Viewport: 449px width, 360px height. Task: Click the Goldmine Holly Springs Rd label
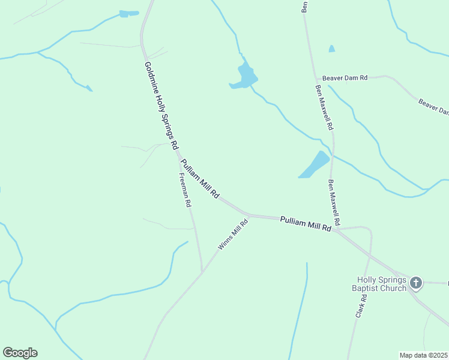(x=160, y=106)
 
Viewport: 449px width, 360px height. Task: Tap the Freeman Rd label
(x=185, y=190)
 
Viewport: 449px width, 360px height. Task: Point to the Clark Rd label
(x=360, y=306)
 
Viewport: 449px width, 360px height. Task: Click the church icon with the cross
(x=416, y=283)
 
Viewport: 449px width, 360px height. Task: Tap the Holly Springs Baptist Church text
(x=382, y=284)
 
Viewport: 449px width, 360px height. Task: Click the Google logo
(x=20, y=353)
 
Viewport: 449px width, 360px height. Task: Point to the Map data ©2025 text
(x=424, y=355)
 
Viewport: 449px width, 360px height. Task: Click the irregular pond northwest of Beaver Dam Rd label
(x=246, y=76)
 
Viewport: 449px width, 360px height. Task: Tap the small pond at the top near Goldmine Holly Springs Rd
(x=128, y=13)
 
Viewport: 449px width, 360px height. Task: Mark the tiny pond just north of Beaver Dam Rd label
(x=332, y=49)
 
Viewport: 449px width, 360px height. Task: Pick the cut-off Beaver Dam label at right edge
(x=434, y=107)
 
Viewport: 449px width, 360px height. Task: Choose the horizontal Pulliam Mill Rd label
(x=306, y=224)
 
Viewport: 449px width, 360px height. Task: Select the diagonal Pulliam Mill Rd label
(x=200, y=178)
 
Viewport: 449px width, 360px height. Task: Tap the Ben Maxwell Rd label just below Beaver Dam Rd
(x=324, y=107)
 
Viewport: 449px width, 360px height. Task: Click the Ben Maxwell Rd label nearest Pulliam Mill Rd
(x=334, y=203)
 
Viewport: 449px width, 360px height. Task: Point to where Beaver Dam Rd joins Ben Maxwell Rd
(x=316, y=78)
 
